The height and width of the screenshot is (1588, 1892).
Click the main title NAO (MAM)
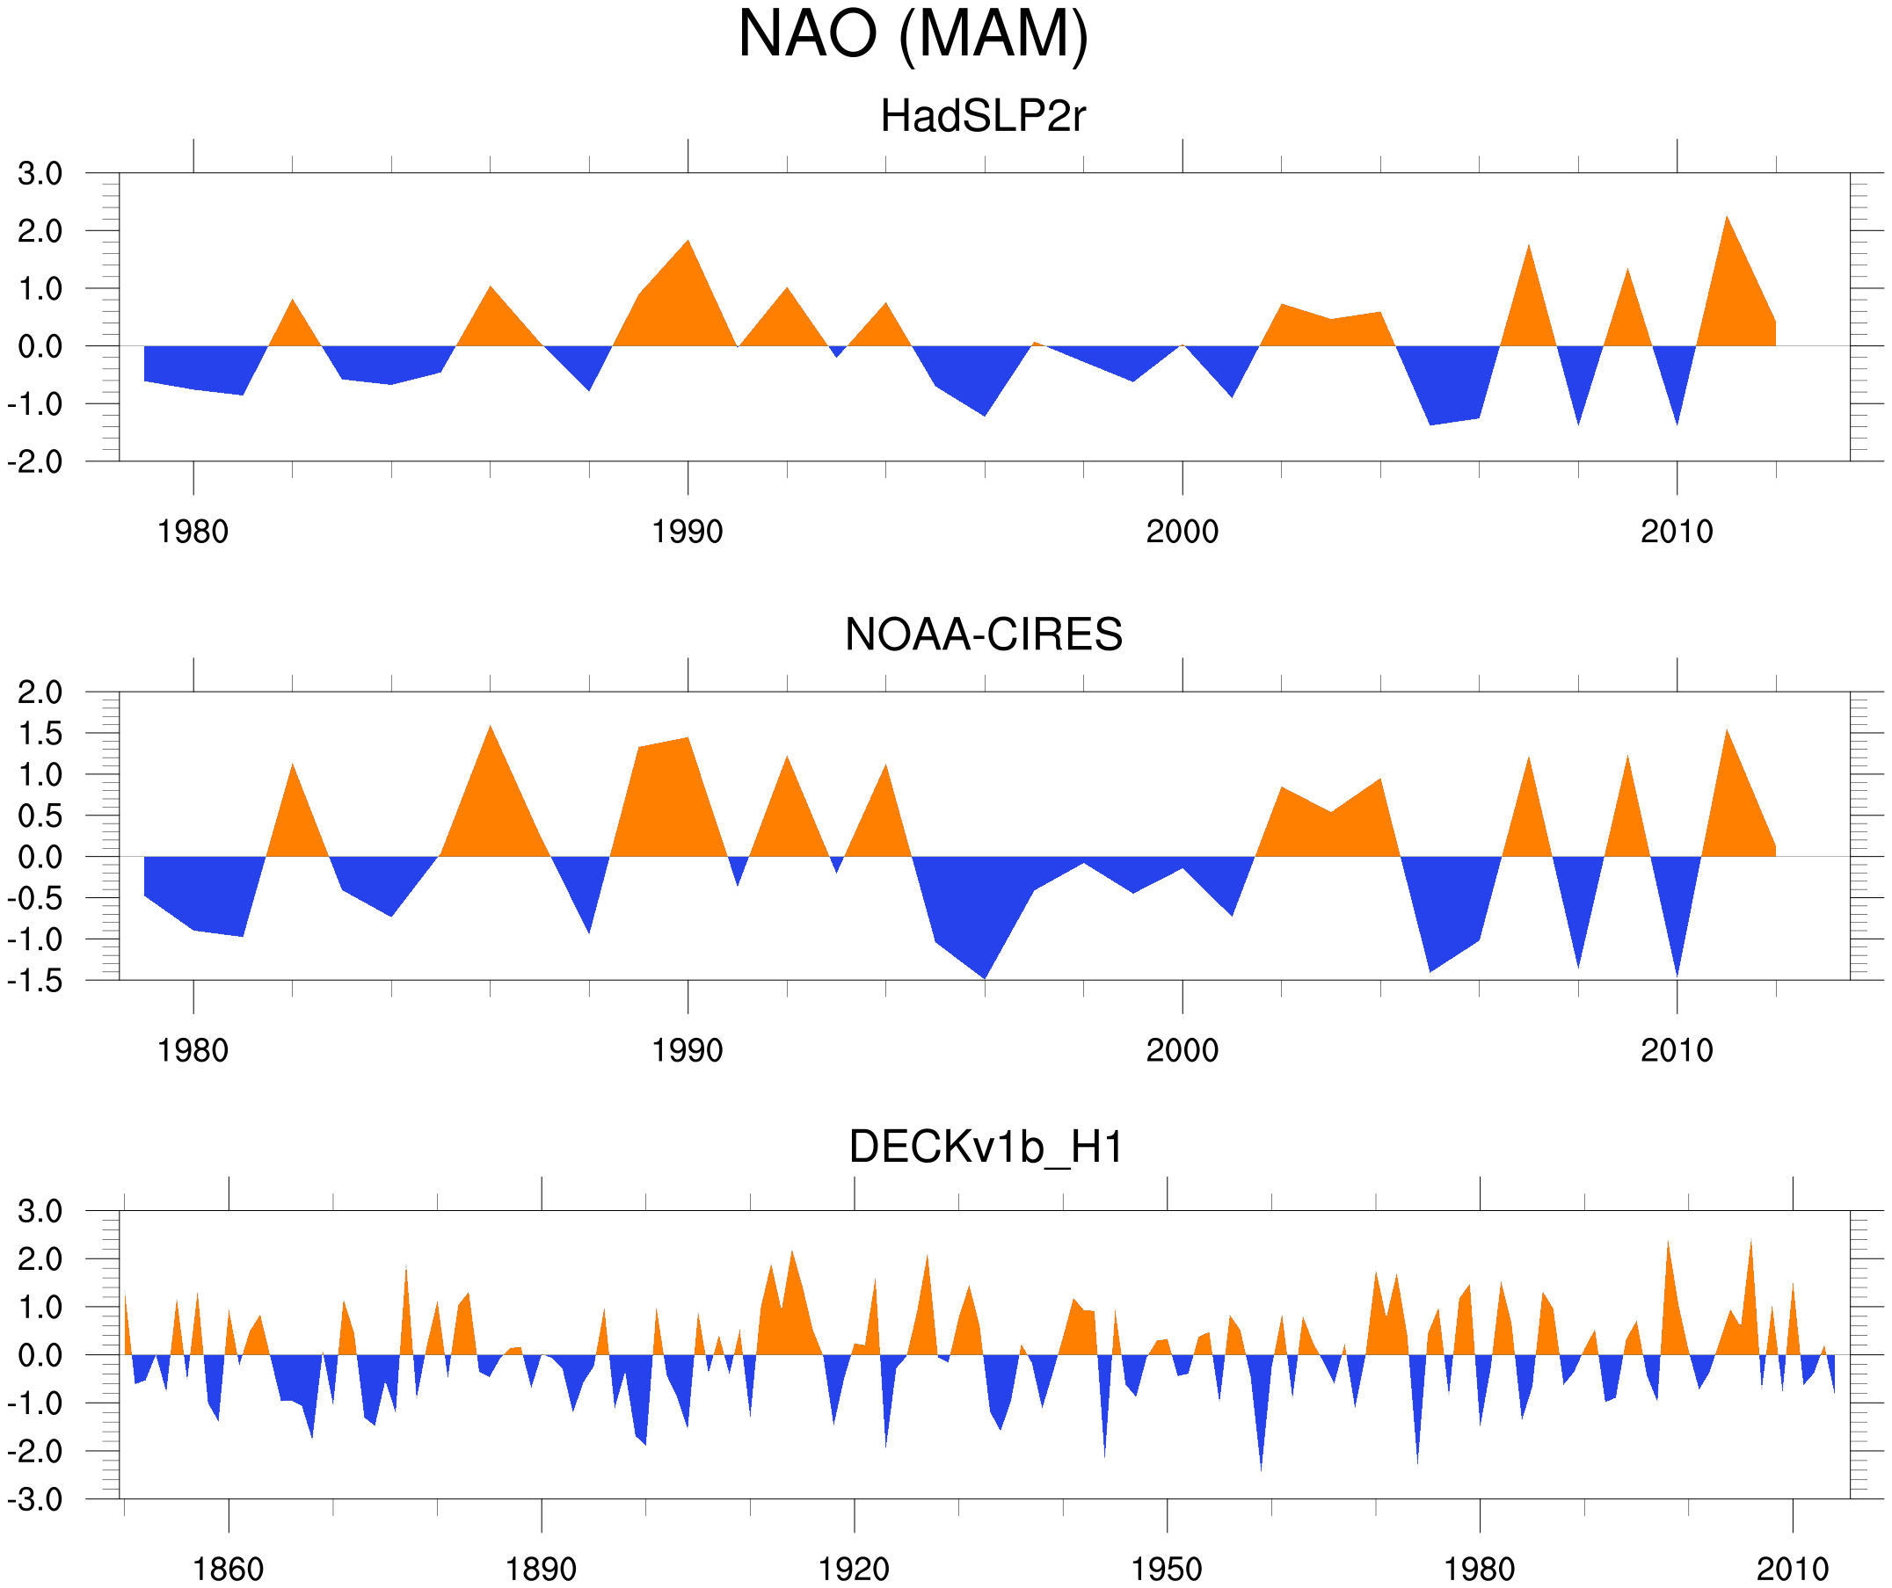913,34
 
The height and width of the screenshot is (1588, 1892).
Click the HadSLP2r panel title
983,116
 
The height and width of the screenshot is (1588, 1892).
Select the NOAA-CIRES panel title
983,635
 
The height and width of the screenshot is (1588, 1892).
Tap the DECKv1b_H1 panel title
986,1148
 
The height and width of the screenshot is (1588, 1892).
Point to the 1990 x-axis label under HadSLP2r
688,532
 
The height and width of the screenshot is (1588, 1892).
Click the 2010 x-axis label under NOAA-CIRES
1677,1050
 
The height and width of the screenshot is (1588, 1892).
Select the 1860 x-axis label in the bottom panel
228,1569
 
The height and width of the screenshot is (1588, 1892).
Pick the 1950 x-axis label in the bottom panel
1167,1569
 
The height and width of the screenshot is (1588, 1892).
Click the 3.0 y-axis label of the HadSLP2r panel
40,174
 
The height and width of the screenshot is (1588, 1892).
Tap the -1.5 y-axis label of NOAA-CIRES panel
35,981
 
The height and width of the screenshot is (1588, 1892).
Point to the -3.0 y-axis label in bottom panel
35,1501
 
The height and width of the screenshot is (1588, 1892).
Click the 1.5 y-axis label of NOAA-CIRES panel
40,734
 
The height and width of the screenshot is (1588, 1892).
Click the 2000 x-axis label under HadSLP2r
1182,532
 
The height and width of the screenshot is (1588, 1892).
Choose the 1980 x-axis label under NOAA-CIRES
193,1050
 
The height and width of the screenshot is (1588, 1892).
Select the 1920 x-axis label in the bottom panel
853,1569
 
